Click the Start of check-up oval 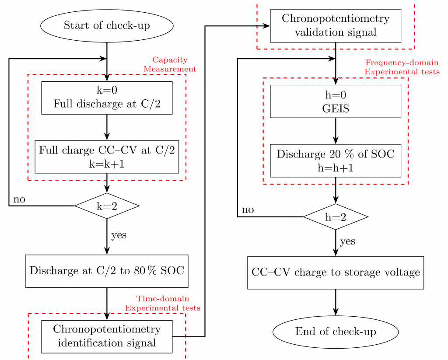tap(107, 26)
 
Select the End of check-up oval tap(336, 332)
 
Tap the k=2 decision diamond tap(107, 206)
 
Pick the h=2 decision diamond tap(336, 217)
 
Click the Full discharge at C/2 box tap(107, 98)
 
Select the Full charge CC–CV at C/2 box tap(107, 157)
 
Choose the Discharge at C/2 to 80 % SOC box tap(107, 271)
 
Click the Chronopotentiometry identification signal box tap(107, 336)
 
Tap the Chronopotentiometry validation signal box tap(336, 25)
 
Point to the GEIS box tap(336, 101)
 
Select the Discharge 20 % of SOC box tap(336, 161)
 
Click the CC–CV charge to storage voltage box tap(336, 273)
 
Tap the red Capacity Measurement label tap(170, 64)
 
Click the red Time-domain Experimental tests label tap(163, 303)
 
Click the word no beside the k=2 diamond tap(19, 200)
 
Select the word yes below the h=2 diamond tap(348, 241)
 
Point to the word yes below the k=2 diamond tap(119, 235)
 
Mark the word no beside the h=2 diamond tap(248, 210)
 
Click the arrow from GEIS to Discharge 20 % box tap(336, 131)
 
